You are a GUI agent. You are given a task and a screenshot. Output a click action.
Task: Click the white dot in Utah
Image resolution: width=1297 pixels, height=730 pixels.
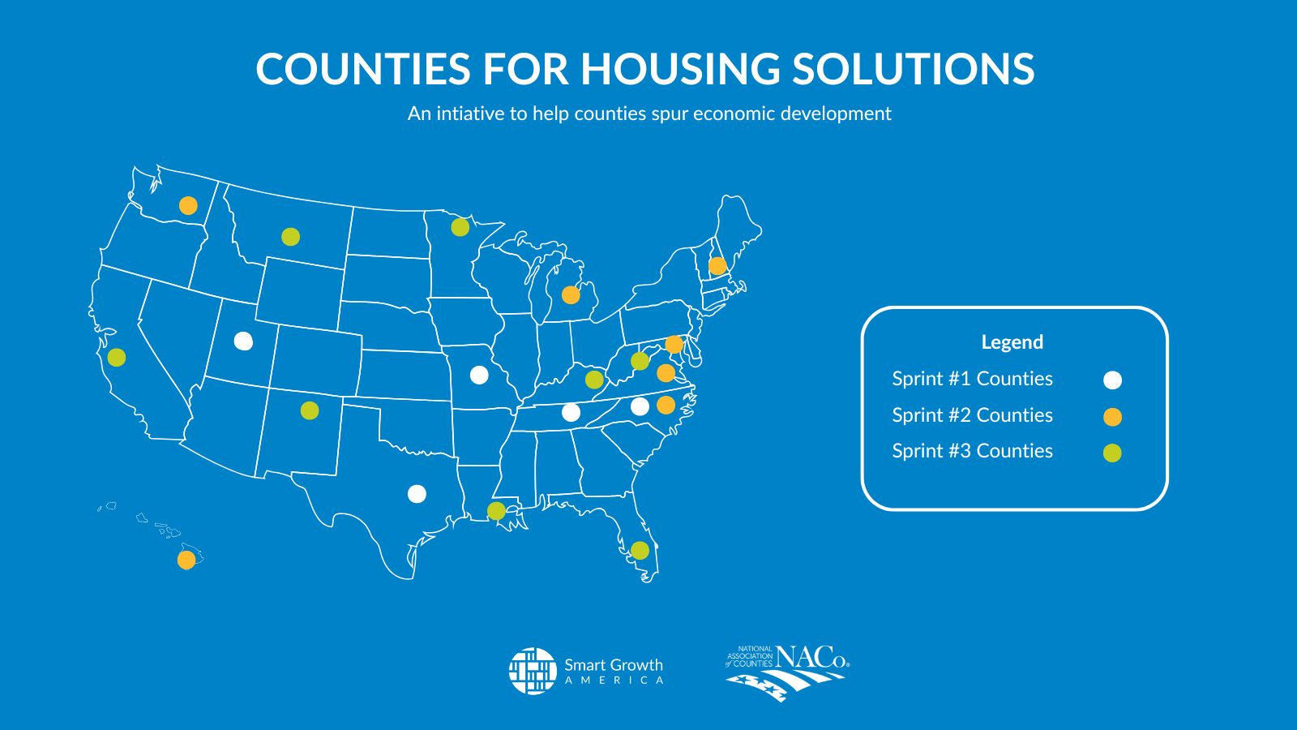coord(243,341)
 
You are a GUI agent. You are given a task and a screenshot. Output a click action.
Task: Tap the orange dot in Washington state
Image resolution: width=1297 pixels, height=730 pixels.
coord(188,205)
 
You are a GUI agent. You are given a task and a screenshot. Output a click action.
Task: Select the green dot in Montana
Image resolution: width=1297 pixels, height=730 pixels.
coord(291,236)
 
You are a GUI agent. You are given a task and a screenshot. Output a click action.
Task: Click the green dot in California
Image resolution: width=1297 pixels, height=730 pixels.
coord(117,357)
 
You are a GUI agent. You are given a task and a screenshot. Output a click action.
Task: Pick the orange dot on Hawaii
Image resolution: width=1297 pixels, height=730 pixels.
coord(186,560)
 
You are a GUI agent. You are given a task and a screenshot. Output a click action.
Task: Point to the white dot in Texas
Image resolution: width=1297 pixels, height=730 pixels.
coord(417,494)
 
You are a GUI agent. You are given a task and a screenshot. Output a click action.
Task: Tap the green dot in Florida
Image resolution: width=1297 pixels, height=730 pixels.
coord(640,550)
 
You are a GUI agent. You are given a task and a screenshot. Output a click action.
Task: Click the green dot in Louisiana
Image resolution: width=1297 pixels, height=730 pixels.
coord(496,510)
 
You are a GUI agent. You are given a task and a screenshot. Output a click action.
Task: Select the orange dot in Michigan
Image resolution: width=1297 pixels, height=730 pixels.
coord(571,295)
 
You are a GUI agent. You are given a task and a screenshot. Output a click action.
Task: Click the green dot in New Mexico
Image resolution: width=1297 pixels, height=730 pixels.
coord(310,410)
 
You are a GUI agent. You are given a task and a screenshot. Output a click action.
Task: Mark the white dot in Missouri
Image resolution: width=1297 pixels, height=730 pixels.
coord(479,375)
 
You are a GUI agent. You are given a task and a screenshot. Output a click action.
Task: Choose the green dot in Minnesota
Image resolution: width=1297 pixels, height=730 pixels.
coord(460,227)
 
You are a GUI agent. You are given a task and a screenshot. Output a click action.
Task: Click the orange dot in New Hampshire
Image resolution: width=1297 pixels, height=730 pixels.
coord(717,265)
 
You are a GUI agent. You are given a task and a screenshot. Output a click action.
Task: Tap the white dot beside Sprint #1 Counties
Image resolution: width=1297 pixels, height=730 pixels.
coord(1112,380)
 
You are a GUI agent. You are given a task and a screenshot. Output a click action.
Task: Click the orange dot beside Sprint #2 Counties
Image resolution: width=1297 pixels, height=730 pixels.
coord(1112,417)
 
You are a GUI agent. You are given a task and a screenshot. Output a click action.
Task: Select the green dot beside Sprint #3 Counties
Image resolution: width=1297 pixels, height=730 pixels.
coord(1112,453)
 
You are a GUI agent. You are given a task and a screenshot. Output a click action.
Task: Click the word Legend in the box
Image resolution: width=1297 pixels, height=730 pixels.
coord(1012,342)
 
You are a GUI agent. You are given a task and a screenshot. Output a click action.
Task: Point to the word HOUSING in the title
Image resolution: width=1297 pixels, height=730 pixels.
coord(680,68)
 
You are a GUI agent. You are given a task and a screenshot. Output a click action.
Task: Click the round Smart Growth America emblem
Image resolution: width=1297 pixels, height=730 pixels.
coord(533,670)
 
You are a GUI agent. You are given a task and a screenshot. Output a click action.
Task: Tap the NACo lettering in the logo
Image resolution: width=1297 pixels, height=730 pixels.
coord(812,657)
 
